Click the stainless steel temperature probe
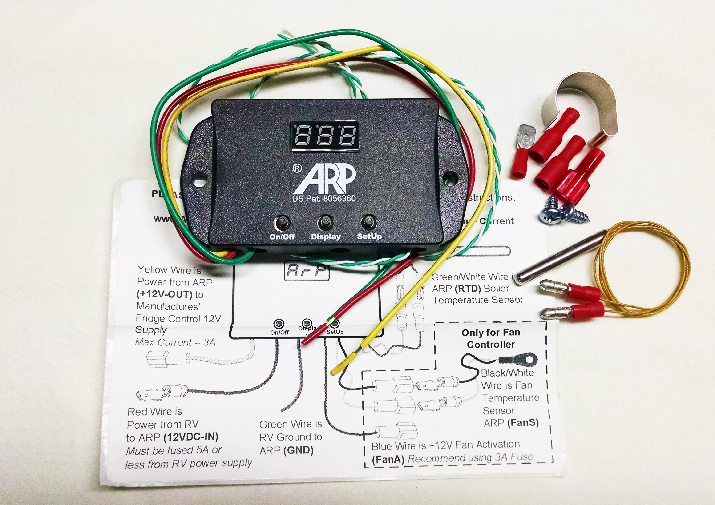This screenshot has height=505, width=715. coord(561,257)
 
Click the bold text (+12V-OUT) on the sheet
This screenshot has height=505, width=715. coord(164,294)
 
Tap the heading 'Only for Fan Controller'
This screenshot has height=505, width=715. coord(491,338)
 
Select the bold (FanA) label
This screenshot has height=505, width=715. coord(388,459)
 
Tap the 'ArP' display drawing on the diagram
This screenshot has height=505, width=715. coord(307,271)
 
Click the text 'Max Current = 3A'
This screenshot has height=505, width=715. coord(175,342)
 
